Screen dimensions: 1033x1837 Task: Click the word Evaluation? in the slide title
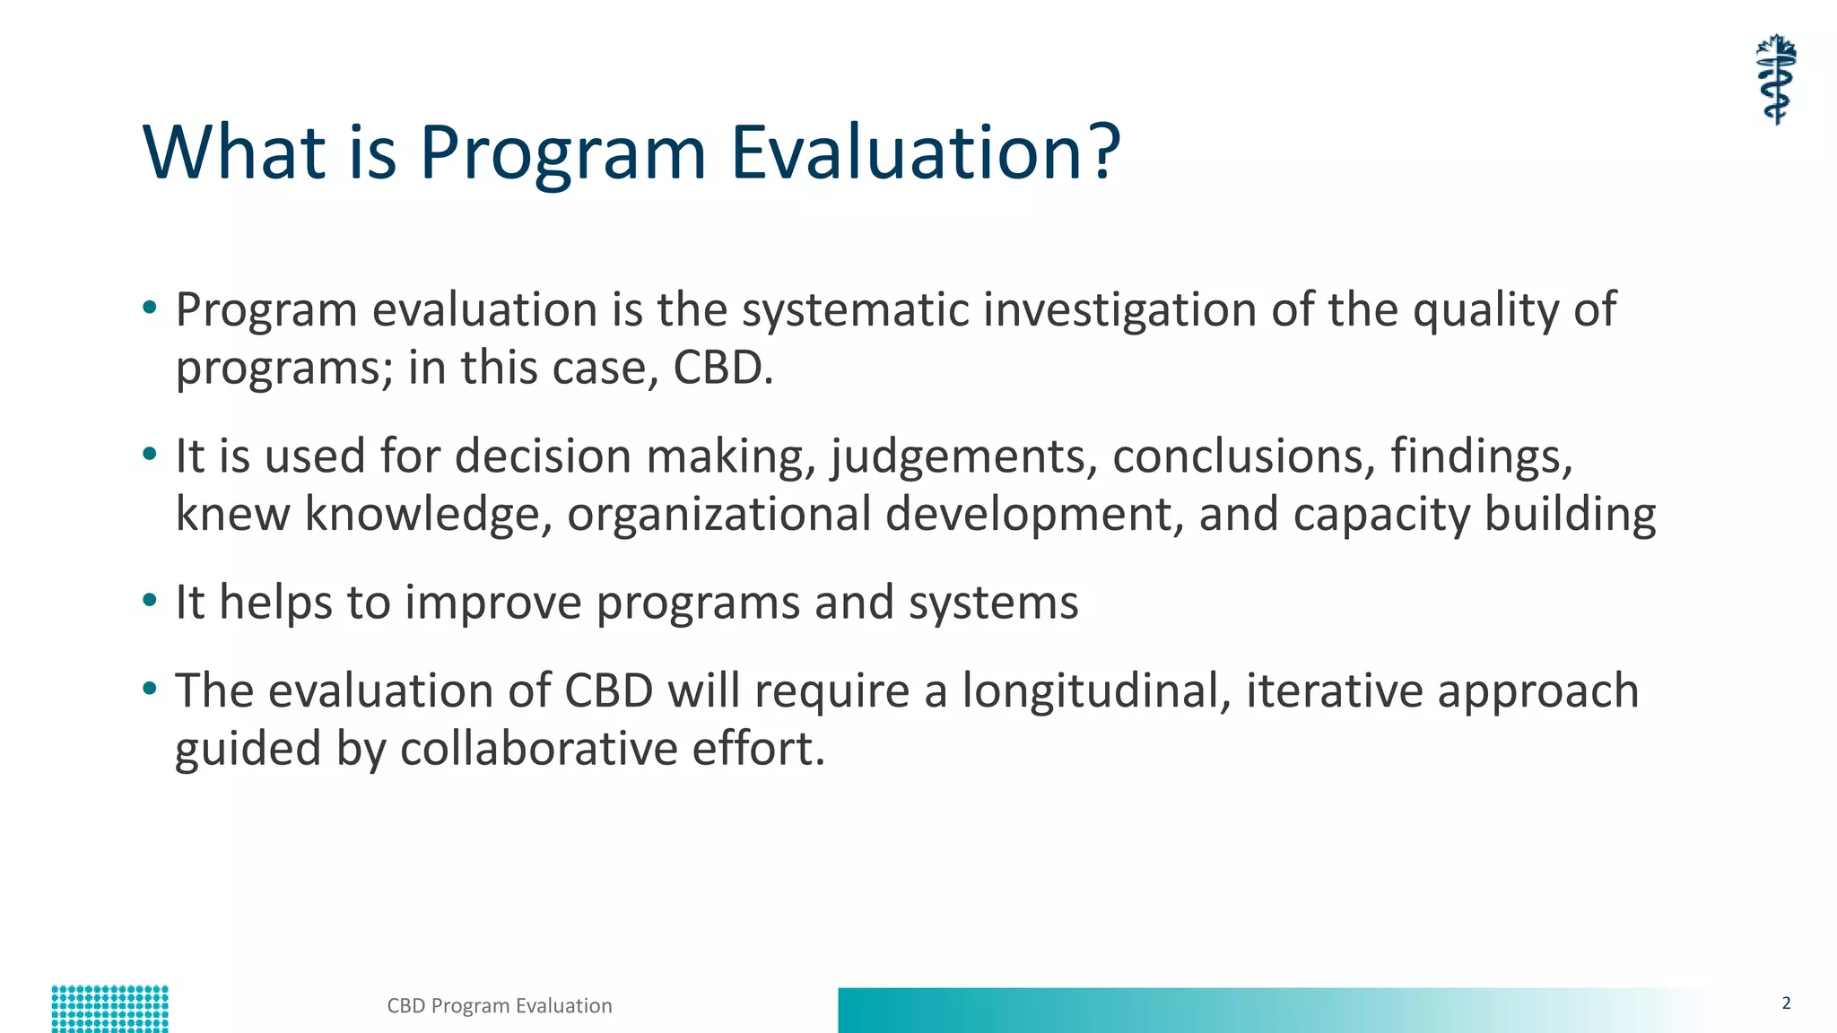click(x=925, y=152)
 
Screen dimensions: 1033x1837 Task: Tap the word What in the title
click(x=233, y=152)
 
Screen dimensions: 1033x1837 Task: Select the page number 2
click(x=1786, y=1003)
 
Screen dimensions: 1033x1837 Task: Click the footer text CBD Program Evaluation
click(x=500, y=1006)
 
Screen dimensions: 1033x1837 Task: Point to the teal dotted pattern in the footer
click(x=109, y=1009)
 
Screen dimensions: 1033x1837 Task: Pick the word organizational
click(x=718, y=514)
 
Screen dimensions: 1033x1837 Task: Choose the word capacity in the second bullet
click(x=1381, y=516)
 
